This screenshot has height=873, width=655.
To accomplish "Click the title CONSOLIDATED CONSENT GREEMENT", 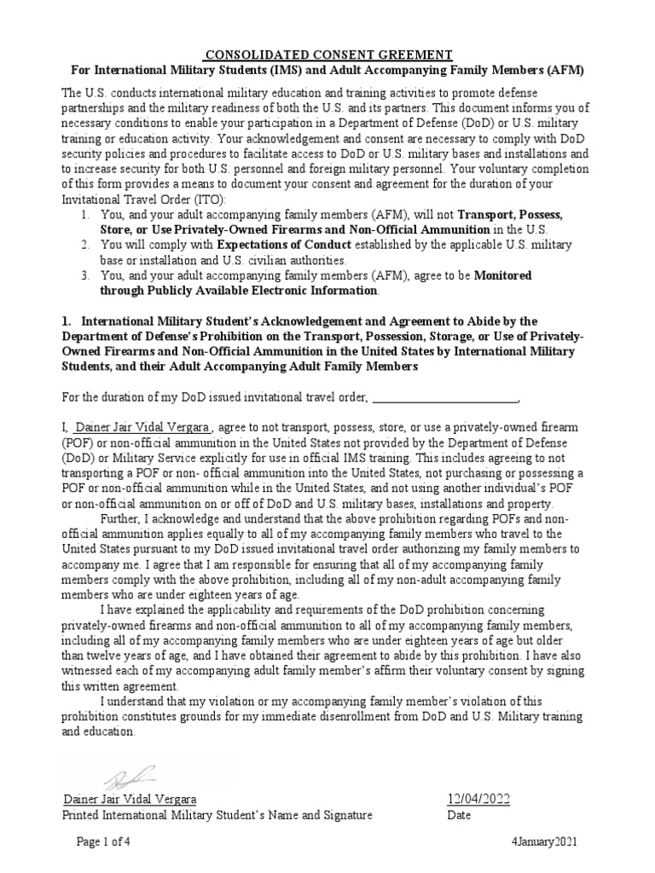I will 327,55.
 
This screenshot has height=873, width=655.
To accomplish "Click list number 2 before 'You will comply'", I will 86,245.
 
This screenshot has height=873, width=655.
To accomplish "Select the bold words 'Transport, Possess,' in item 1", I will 510,214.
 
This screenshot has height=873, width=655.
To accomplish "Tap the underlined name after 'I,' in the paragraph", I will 142,427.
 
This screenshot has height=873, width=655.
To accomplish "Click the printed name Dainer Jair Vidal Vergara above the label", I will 130,799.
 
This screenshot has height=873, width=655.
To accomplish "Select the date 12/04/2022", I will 478,799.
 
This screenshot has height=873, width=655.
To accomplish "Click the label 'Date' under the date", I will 460,815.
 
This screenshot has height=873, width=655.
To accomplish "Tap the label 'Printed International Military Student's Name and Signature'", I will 218,815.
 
